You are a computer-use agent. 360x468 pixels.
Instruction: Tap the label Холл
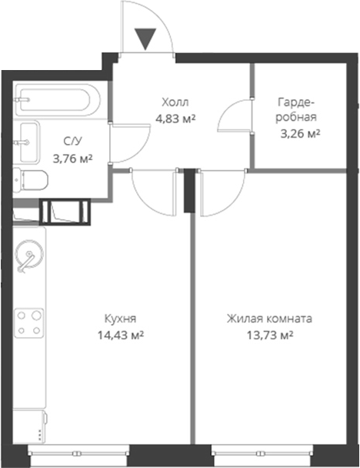pyautogui.click(x=175, y=102)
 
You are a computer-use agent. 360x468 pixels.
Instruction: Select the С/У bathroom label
pyautogui.click(x=72, y=142)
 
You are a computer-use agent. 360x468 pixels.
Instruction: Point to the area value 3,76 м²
pyautogui.click(x=72, y=159)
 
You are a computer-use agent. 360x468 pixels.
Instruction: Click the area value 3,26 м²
pyautogui.click(x=299, y=133)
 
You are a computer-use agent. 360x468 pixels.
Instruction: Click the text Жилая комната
pyautogui.click(x=269, y=319)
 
